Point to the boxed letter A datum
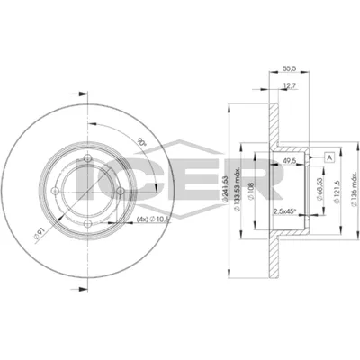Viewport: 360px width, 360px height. pos(330,157)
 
